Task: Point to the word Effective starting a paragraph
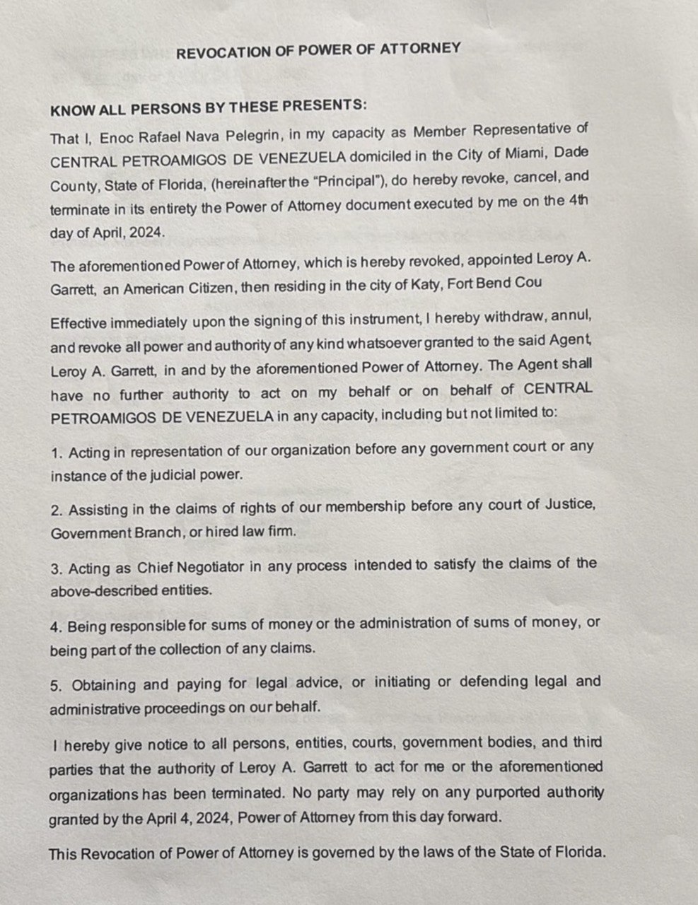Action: click(x=78, y=323)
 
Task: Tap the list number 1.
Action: click(x=55, y=450)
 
